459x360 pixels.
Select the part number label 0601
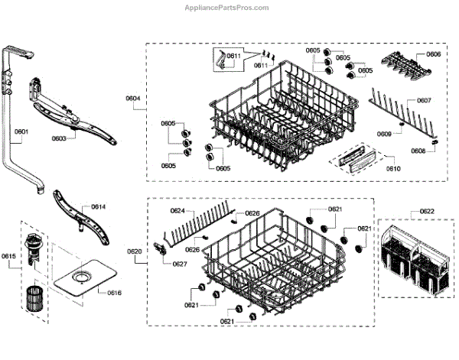click(x=21, y=132)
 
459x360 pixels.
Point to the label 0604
click(x=133, y=98)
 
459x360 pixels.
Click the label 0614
click(x=99, y=207)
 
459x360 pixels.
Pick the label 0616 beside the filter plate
click(x=113, y=293)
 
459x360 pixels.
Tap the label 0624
click(x=177, y=210)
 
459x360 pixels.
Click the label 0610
click(x=392, y=167)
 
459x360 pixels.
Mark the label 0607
click(x=424, y=101)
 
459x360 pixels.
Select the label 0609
click(x=384, y=134)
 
